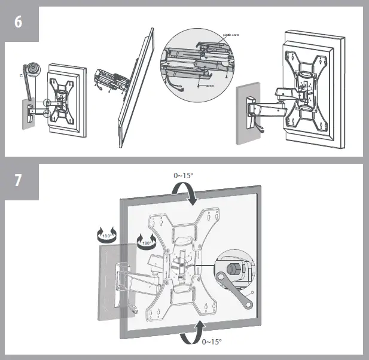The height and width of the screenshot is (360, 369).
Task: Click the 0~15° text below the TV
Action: pyautogui.click(x=211, y=341)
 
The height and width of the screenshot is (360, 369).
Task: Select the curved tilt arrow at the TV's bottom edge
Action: pyautogui.click(x=191, y=332)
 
